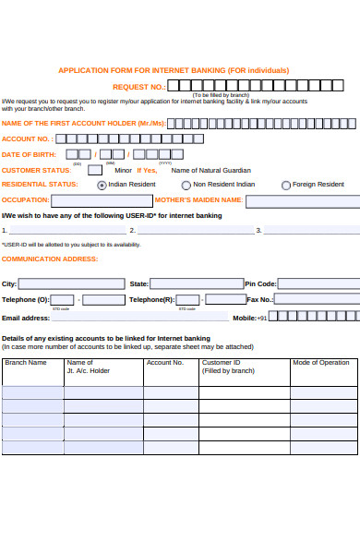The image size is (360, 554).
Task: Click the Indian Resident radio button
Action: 102,185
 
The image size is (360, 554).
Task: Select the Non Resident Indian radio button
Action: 186,185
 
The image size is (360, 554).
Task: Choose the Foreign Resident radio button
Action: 285,185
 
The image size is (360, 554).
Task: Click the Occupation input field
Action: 102,200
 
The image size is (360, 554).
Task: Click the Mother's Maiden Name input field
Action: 302,200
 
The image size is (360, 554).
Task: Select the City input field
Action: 71,284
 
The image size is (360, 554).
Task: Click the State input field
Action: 197,284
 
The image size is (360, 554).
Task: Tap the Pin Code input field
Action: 318,284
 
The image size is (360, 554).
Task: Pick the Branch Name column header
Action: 26,363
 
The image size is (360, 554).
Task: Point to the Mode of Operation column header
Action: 321,363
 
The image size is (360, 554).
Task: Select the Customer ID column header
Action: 222,363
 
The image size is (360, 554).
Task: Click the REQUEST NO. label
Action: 138,86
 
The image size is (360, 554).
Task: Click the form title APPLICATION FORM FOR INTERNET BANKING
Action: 174,70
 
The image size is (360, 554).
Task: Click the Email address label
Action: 26,317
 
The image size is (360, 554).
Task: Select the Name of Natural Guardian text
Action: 210,170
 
